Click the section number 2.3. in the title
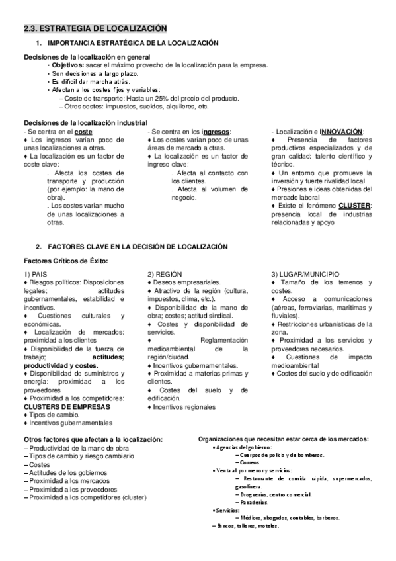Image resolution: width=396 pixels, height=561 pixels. [32, 28]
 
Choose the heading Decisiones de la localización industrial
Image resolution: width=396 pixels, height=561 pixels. [86, 124]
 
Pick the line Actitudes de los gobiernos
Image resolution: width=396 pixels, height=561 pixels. [67, 473]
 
